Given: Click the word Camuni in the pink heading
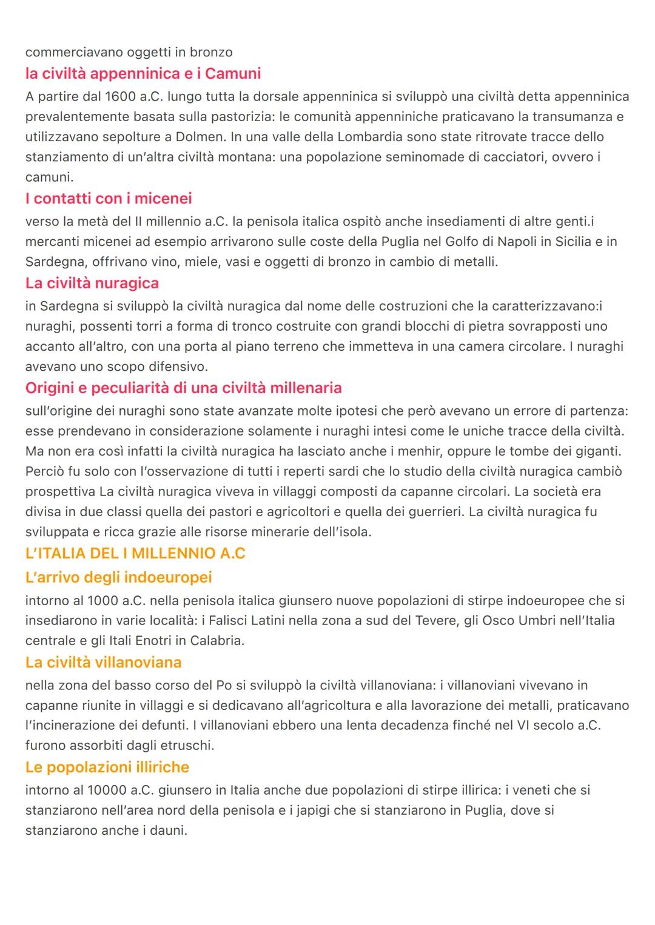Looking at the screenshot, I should tap(233, 73).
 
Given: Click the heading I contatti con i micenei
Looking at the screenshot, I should tap(109, 198).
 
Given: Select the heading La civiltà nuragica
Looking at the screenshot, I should tap(92, 283).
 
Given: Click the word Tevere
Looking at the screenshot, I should tap(434, 621).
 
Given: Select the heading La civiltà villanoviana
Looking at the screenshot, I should tap(104, 662).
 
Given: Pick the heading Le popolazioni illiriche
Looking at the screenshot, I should tap(107, 767).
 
